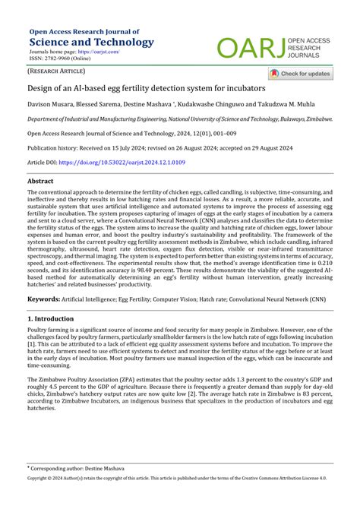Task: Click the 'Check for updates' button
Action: click(x=300, y=74)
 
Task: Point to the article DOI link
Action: click(x=134, y=163)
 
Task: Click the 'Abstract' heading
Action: click(x=40, y=182)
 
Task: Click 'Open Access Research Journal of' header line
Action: click(x=84, y=31)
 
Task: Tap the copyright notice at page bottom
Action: click(x=180, y=501)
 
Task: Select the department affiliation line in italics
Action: click(x=179, y=120)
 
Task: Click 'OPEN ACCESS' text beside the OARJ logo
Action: click(x=314, y=40)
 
